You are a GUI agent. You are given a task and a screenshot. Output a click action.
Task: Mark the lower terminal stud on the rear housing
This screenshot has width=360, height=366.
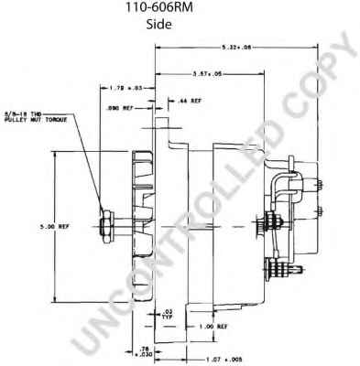(272, 267)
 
